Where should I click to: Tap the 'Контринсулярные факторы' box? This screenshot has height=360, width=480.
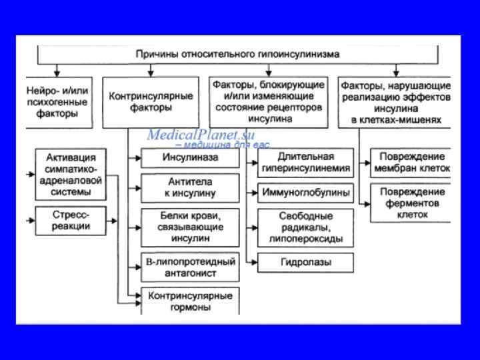[152, 101]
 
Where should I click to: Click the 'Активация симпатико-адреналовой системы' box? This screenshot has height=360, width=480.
[71, 175]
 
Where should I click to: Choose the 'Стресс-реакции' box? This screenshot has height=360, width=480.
[71, 221]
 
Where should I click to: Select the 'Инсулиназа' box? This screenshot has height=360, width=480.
[191, 158]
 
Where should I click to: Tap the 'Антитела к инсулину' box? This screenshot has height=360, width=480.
[191, 187]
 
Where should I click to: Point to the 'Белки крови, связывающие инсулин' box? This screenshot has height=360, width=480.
[191, 227]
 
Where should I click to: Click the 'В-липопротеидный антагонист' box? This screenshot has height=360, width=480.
[191, 267]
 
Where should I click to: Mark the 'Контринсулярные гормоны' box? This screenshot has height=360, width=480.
[191, 301]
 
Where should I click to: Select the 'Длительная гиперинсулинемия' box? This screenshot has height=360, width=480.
[306, 163]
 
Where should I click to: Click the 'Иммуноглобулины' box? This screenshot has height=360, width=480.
[306, 193]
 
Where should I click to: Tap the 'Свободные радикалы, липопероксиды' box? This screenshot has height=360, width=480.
[306, 227]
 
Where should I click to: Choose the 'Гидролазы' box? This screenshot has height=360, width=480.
[306, 262]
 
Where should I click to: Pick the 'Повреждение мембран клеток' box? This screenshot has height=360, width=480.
[411, 163]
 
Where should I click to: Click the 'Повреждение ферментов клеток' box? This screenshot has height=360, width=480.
[411, 203]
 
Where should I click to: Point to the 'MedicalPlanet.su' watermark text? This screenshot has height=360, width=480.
[201, 133]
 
